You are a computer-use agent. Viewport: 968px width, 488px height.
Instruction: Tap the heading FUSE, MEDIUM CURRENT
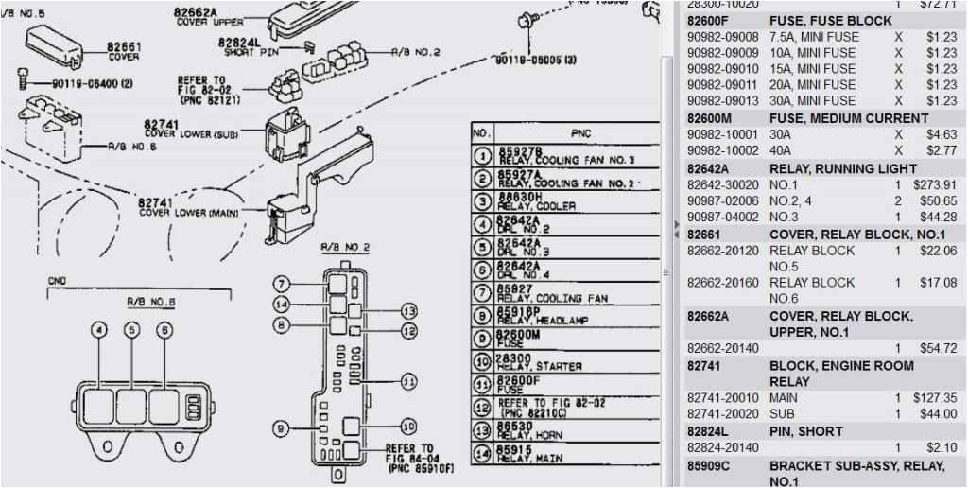point(848,118)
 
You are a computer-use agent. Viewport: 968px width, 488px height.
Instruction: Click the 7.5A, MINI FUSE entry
point(814,37)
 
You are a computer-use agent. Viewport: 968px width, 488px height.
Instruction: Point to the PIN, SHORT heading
point(805,431)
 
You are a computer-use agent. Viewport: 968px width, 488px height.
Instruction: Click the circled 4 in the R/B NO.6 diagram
point(99,330)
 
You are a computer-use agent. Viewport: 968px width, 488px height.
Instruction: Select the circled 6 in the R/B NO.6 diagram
point(164,330)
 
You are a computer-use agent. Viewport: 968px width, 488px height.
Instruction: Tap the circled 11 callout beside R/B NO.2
point(408,381)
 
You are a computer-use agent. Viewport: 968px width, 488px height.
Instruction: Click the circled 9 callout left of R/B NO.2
point(281,428)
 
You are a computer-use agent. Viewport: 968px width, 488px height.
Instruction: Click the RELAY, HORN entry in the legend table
point(534,430)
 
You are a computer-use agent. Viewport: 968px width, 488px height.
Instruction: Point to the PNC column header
point(580,134)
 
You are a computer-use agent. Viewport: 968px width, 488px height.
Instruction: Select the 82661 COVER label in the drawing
point(123,51)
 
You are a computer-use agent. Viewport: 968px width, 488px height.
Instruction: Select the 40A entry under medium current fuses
point(781,150)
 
